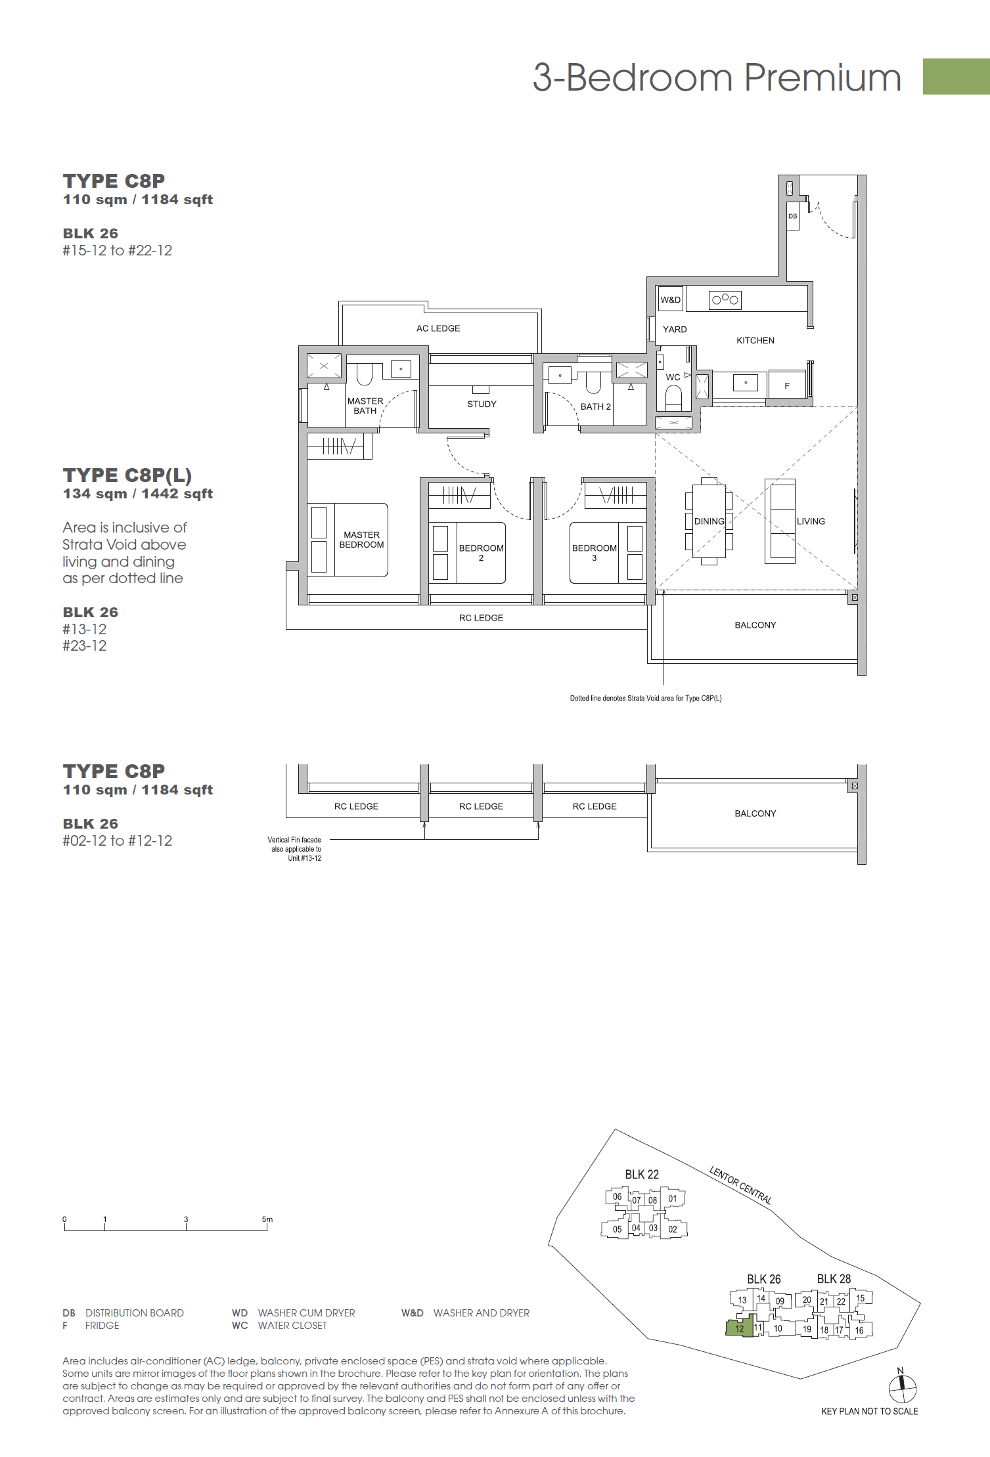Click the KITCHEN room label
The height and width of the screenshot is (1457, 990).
click(x=755, y=340)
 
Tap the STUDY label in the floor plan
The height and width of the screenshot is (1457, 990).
click(x=482, y=404)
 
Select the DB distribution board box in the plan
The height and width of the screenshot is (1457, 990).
click(x=792, y=216)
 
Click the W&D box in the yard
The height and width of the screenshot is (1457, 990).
click(x=671, y=299)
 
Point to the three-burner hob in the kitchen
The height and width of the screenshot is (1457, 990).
click(x=725, y=300)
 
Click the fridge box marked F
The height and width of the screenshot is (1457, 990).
click(x=786, y=385)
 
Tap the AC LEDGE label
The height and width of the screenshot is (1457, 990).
click(x=438, y=328)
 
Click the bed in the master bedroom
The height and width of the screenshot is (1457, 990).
click(x=348, y=540)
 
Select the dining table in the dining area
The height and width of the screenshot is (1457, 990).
click(x=709, y=521)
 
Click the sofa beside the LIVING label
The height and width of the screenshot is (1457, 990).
click(x=780, y=521)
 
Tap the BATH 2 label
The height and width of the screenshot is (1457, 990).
click(x=595, y=406)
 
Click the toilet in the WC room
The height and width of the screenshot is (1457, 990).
click(x=673, y=397)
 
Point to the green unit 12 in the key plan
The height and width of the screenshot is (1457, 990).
click(x=740, y=1327)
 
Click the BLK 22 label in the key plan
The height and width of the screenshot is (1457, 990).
click(x=641, y=1175)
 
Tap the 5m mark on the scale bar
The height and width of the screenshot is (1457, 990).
click(x=267, y=1219)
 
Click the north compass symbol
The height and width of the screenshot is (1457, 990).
click(x=902, y=1387)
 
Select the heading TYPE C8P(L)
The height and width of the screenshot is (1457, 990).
click(x=127, y=475)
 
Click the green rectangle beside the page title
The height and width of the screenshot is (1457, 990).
click(x=956, y=76)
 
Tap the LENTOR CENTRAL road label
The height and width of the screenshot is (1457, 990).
click(x=740, y=1185)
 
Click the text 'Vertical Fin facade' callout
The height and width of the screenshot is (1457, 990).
click(x=294, y=840)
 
